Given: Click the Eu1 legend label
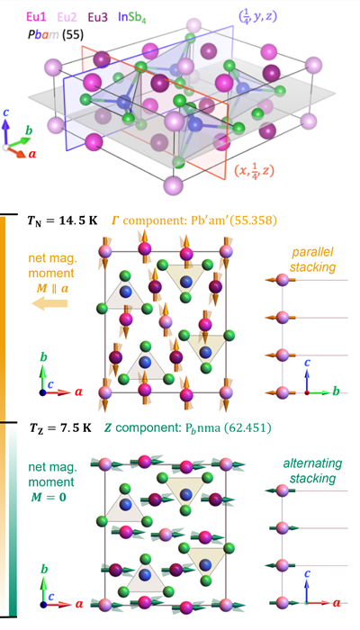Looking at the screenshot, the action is (36, 17).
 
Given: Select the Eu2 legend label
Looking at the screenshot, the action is (67, 17).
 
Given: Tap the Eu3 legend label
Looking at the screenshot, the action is (98, 17).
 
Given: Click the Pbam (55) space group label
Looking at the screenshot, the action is (56, 35).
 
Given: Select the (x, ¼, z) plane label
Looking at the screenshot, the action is (254, 172).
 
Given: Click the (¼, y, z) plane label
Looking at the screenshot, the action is (256, 17).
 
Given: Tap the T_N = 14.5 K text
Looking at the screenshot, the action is (64, 221).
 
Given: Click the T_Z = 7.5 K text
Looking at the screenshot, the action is (60, 428).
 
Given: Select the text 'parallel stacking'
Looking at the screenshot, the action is (307, 259).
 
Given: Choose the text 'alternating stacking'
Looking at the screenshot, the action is (307, 471).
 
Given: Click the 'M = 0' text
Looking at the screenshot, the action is (49, 498).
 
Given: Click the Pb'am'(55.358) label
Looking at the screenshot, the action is (229, 221).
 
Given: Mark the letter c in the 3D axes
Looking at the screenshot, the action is (5, 112).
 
